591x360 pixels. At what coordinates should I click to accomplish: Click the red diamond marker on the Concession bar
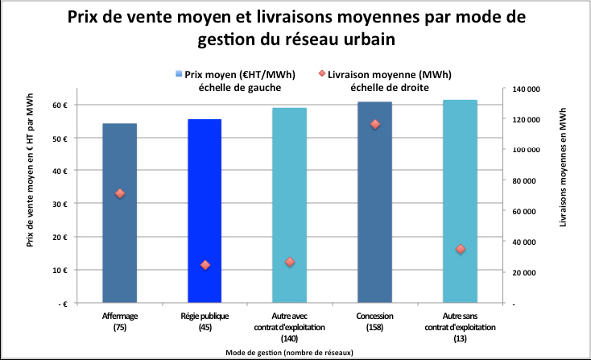pyautogui.click(x=375, y=124)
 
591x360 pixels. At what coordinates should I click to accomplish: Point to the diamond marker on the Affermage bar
pyautogui.click(x=120, y=193)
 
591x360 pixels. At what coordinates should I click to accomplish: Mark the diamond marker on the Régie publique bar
pyautogui.click(x=205, y=265)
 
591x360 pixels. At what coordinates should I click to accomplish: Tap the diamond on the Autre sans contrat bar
pyautogui.click(x=461, y=250)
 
